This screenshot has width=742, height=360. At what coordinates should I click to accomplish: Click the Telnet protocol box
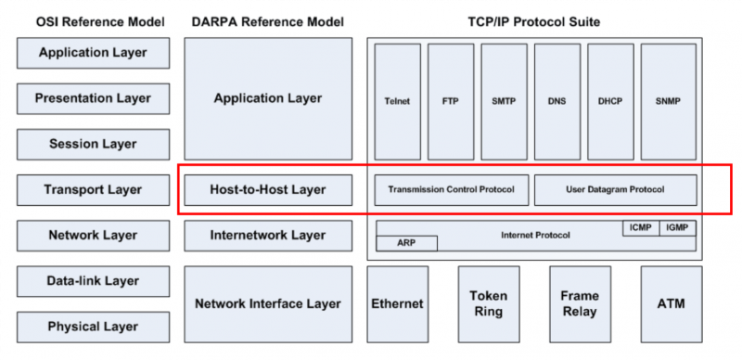click(x=397, y=101)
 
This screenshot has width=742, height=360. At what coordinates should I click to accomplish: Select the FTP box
click(x=450, y=101)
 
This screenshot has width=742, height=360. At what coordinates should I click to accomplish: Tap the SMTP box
click(x=504, y=101)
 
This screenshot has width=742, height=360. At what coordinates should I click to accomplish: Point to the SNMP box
click(x=667, y=101)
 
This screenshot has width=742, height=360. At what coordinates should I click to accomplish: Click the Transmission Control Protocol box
click(x=452, y=190)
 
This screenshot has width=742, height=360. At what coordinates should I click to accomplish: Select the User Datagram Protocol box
click(x=615, y=190)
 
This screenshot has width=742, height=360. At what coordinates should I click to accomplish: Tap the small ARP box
click(x=406, y=243)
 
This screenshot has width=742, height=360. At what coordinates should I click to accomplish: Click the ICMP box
click(x=639, y=227)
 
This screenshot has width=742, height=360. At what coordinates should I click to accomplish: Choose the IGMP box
click(x=677, y=227)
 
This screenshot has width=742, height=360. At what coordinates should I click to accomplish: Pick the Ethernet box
click(x=397, y=303)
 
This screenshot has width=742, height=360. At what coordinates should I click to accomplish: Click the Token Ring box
click(x=488, y=303)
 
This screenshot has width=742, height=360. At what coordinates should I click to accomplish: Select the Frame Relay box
click(x=580, y=303)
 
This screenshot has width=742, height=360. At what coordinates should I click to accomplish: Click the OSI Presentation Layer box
click(x=93, y=98)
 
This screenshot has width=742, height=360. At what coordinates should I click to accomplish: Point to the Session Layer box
click(x=93, y=144)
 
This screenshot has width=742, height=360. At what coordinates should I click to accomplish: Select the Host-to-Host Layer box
click(x=268, y=190)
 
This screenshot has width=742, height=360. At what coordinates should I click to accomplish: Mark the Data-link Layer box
click(x=93, y=281)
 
